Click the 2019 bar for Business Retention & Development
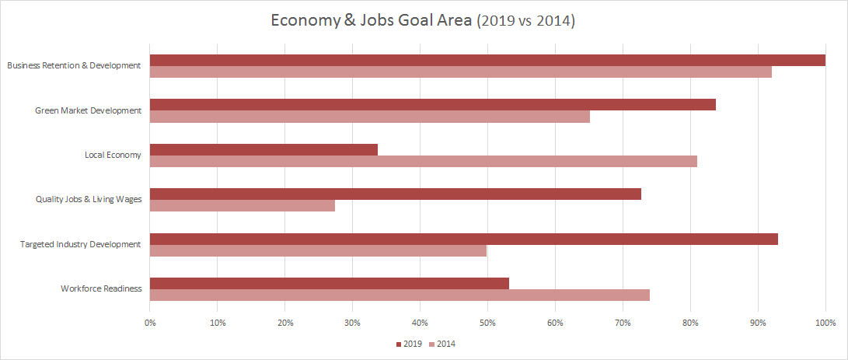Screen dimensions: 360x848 tap(487, 60)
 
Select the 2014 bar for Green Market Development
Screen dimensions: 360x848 tap(370, 117)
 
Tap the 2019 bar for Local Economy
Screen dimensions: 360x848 tap(263, 149)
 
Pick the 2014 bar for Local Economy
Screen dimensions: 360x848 tap(424, 161)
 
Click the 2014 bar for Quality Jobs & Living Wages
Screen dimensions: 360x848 tap(243, 206)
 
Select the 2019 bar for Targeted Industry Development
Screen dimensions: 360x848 tap(464, 239)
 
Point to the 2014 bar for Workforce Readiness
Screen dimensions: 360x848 tap(400, 295)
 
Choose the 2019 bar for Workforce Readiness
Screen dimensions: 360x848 tap(330, 283)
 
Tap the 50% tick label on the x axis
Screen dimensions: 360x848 tap(487, 322)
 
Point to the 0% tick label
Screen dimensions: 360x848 tap(150, 322)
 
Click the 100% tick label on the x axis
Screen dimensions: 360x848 tap(825, 322)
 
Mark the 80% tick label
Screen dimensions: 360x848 tap(690, 322)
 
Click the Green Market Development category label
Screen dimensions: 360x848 tap(88, 110)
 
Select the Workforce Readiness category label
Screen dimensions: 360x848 tap(101, 288)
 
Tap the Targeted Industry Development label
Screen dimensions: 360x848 tap(80, 244)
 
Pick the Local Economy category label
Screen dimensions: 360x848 tap(113, 155)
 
